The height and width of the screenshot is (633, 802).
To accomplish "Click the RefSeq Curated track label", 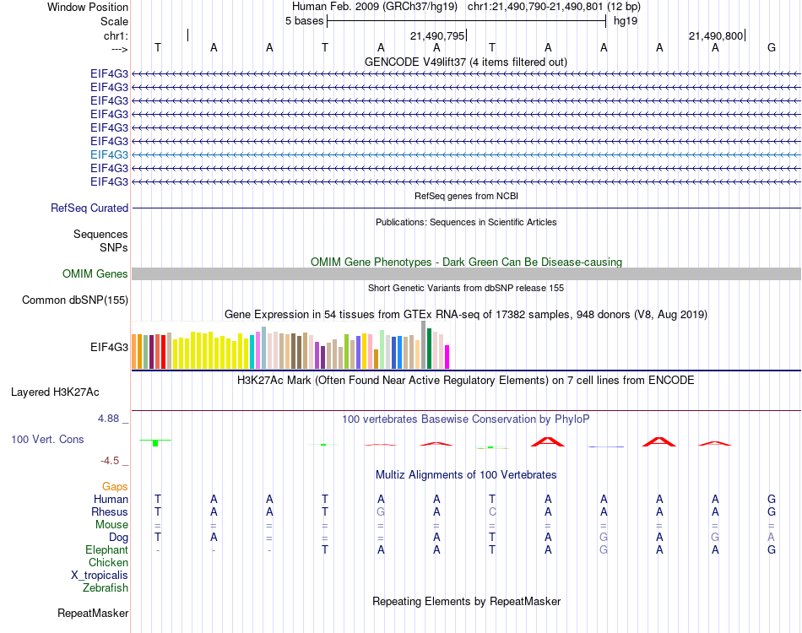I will [89, 208].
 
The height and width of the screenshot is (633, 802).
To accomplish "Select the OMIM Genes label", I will [95, 274].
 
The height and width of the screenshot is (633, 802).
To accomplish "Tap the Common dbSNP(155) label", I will [75, 300].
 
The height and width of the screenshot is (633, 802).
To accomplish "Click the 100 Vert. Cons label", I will [47, 440].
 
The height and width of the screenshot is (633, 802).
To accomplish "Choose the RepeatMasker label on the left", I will [93, 614].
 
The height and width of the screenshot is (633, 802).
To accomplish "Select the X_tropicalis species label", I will [100, 576].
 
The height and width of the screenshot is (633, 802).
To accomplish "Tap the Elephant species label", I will [107, 550].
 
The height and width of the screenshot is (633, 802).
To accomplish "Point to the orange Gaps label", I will [115, 487].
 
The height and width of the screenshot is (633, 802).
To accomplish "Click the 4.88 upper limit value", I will [110, 419].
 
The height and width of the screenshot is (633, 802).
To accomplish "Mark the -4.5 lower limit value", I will [111, 461].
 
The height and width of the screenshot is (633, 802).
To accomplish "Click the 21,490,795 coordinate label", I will [437, 36].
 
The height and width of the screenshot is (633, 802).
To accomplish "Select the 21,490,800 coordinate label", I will [716, 36].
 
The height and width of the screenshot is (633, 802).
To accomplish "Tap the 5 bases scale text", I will [304, 21].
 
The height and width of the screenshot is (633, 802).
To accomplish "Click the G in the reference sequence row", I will [771, 48].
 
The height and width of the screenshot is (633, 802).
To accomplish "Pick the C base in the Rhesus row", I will [492, 512].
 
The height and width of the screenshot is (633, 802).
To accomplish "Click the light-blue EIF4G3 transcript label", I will [110, 155].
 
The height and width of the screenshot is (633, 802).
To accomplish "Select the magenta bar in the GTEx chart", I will [447, 357].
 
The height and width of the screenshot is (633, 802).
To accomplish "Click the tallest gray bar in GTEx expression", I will [424, 344].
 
